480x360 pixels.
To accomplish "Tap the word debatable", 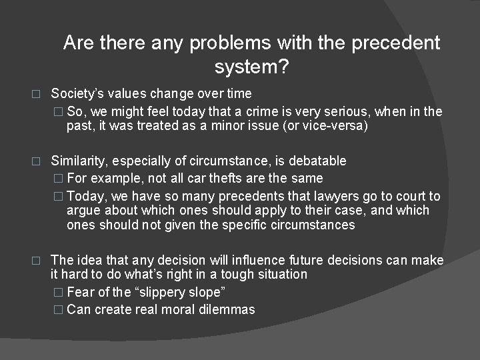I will click(x=316, y=161).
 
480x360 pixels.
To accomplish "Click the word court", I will click(x=407, y=195).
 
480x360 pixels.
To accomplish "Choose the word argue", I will click(x=83, y=211).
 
